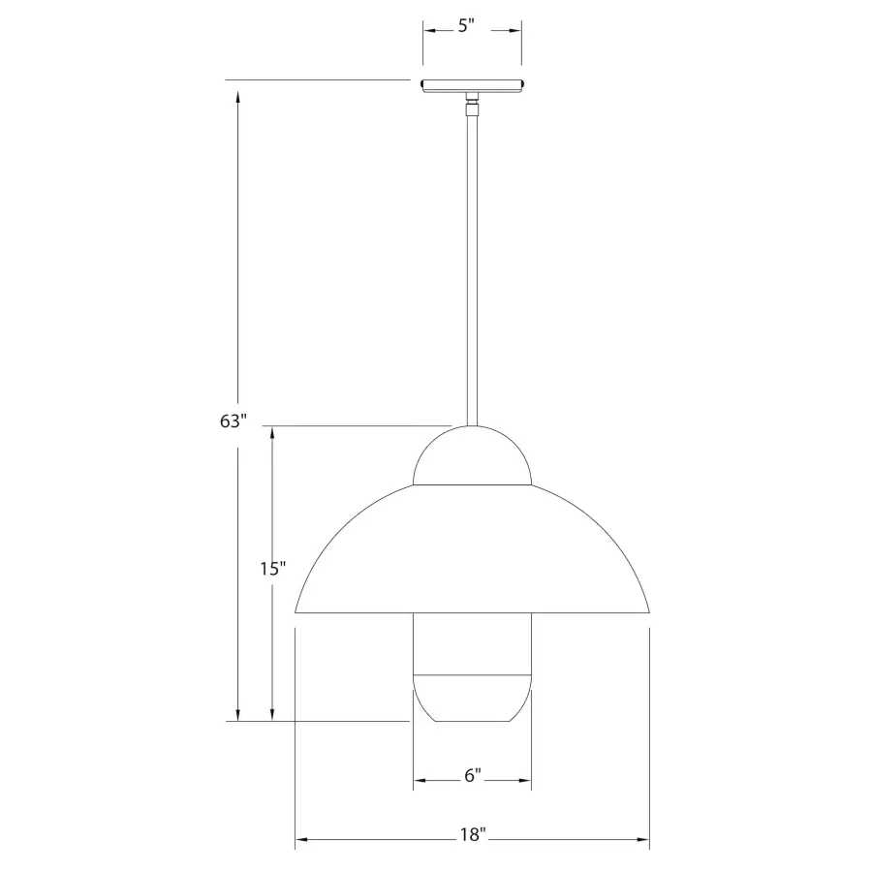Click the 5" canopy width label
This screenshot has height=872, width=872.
466,26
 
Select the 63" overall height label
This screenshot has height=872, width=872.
233,421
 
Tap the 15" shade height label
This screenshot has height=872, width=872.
273,569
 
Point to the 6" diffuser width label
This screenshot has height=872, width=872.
473,775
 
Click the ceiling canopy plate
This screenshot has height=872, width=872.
472,85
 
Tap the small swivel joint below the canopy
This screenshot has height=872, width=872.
472,105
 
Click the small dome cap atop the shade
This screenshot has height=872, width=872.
472,455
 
